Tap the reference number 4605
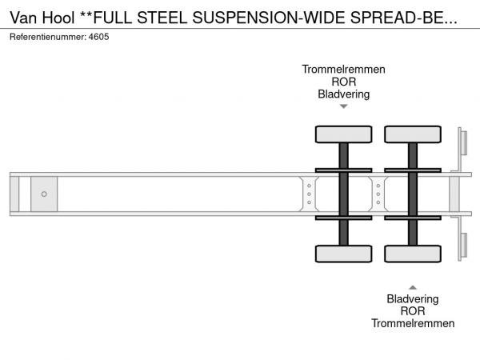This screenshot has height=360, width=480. pyautogui.click(x=98, y=37)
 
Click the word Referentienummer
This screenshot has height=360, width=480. pyautogui.click(x=48, y=37)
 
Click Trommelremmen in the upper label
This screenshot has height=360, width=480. pyautogui.click(x=343, y=70)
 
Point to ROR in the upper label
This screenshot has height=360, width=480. pyautogui.click(x=343, y=82)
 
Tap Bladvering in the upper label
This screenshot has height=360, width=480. pyautogui.click(x=343, y=94)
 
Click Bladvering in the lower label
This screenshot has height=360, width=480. pyautogui.click(x=413, y=299)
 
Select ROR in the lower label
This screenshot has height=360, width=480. pyautogui.click(x=413, y=311)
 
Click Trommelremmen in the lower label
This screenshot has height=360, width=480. pyautogui.click(x=413, y=323)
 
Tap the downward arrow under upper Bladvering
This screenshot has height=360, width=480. pyautogui.click(x=343, y=106)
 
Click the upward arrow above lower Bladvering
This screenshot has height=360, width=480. pyautogui.click(x=413, y=286)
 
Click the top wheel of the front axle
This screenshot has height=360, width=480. pyautogui.click(x=343, y=134)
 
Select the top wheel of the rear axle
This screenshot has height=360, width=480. pyautogui.click(x=413, y=134)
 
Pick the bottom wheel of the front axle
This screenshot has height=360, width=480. pyautogui.click(x=343, y=254)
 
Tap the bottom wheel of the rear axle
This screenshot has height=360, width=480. pyautogui.click(x=413, y=254)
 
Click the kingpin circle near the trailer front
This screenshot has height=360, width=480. pyautogui.click(x=44, y=194)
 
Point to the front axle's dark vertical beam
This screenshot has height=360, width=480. pyautogui.click(x=343, y=194)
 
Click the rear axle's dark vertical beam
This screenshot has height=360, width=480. pyautogui.click(x=413, y=194)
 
